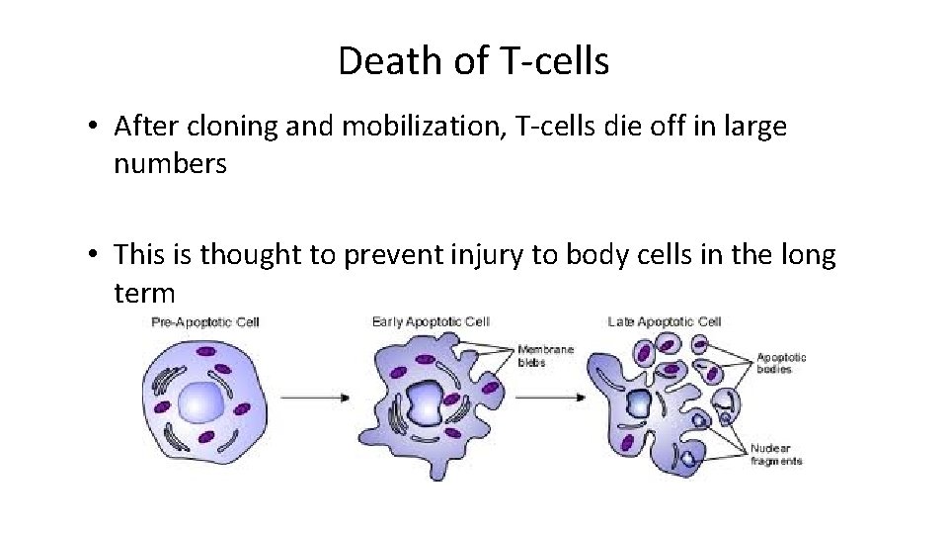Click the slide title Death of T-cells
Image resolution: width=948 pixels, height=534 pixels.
(473, 61)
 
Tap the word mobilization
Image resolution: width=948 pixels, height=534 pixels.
(397, 127)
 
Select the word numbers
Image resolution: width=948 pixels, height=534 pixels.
(170, 164)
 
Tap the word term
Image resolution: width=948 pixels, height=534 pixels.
(144, 293)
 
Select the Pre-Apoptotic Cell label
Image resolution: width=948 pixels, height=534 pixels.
(205, 322)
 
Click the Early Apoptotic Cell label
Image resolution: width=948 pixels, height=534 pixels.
(431, 322)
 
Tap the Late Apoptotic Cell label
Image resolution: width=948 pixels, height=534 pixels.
(665, 322)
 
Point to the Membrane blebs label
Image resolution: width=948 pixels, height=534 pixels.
(545, 356)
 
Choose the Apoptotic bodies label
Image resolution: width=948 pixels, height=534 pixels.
(781, 363)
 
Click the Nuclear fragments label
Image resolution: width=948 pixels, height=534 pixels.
(776, 455)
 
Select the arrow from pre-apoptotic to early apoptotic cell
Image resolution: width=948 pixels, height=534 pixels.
(315, 398)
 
